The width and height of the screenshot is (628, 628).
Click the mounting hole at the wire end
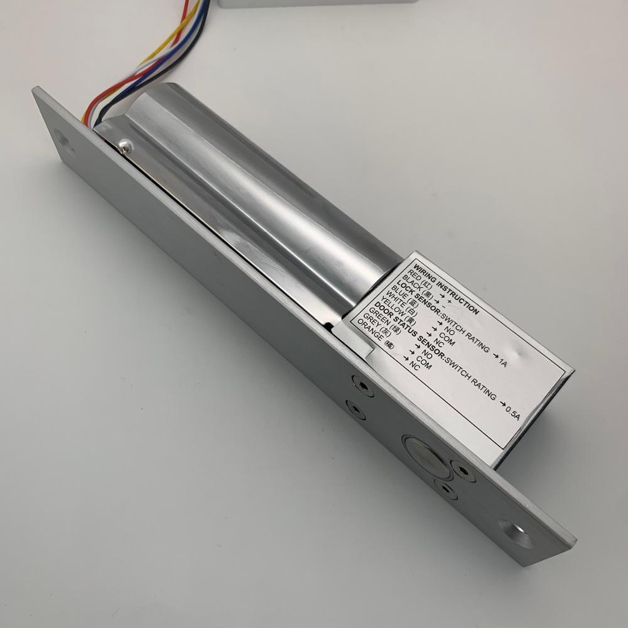(x=63, y=141)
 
